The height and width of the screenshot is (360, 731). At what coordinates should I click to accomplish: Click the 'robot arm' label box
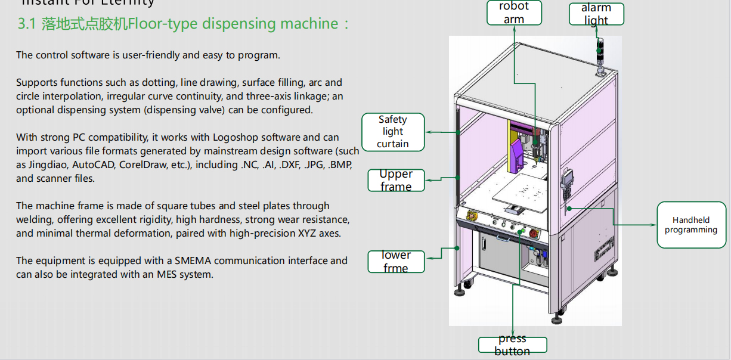[514, 13]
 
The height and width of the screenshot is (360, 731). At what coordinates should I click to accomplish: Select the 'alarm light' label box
[596, 14]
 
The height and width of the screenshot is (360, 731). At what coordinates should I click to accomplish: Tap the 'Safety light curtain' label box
[393, 132]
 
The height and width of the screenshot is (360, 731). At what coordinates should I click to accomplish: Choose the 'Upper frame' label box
[396, 180]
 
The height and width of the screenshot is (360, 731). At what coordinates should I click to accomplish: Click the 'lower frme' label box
[396, 262]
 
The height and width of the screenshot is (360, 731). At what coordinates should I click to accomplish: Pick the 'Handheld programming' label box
[691, 225]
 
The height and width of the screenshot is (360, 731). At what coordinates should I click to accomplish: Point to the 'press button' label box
[512, 345]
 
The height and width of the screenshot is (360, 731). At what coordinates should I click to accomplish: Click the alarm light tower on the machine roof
[600, 57]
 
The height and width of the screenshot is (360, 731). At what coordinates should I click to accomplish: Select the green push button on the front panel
[522, 231]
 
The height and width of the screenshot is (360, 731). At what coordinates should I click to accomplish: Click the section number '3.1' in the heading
[27, 24]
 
